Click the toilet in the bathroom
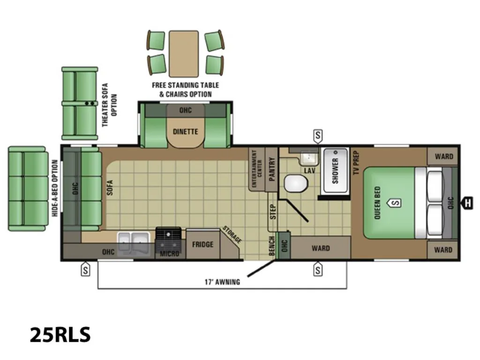tap(296, 183)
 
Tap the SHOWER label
tap(336, 171)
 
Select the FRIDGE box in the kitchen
tap(202, 245)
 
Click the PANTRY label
tap(271, 169)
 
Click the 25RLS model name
tap(60, 334)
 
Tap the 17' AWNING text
tap(222, 282)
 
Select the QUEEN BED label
tap(377, 202)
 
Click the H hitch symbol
tap(467, 203)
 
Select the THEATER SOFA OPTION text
tap(109, 105)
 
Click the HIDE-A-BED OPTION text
tap(55, 188)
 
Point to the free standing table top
tap(184, 53)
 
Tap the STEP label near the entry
tap(273, 211)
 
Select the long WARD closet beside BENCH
tap(321, 247)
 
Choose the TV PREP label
tap(356, 163)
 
